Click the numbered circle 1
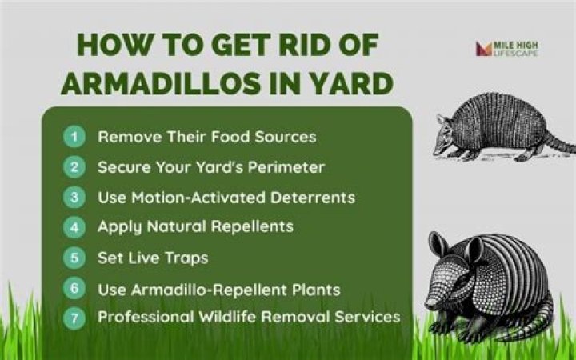click(x=74, y=137)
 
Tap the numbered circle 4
click(x=74, y=227)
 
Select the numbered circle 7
click(x=74, y=318)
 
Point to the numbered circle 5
click(x=74, y=258)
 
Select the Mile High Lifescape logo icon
click(x=484, y=49)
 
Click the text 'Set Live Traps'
click(x=153, y=258)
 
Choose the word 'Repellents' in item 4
click(x=252, y=227)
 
